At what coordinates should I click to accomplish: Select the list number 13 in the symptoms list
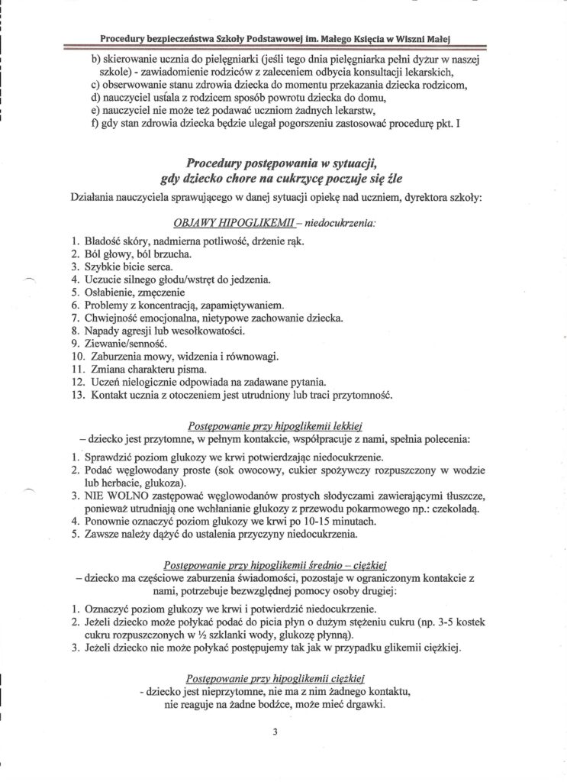click(x=76, y=396)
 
